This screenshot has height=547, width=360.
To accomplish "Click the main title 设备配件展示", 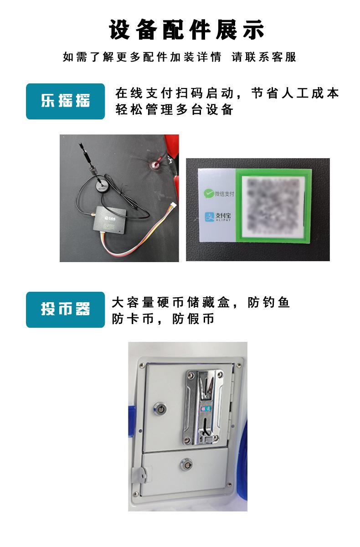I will [186, 30].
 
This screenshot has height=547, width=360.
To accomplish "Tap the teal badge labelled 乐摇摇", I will [65, 101].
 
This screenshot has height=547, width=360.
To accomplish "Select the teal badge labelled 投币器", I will [65, 310].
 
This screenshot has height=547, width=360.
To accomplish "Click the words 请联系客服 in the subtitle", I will [264, 57].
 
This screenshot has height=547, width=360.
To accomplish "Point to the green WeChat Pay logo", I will [208, 194].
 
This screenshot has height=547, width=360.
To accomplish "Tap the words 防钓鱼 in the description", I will [269, 302].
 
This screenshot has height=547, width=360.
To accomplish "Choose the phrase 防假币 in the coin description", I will [193, 319].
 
